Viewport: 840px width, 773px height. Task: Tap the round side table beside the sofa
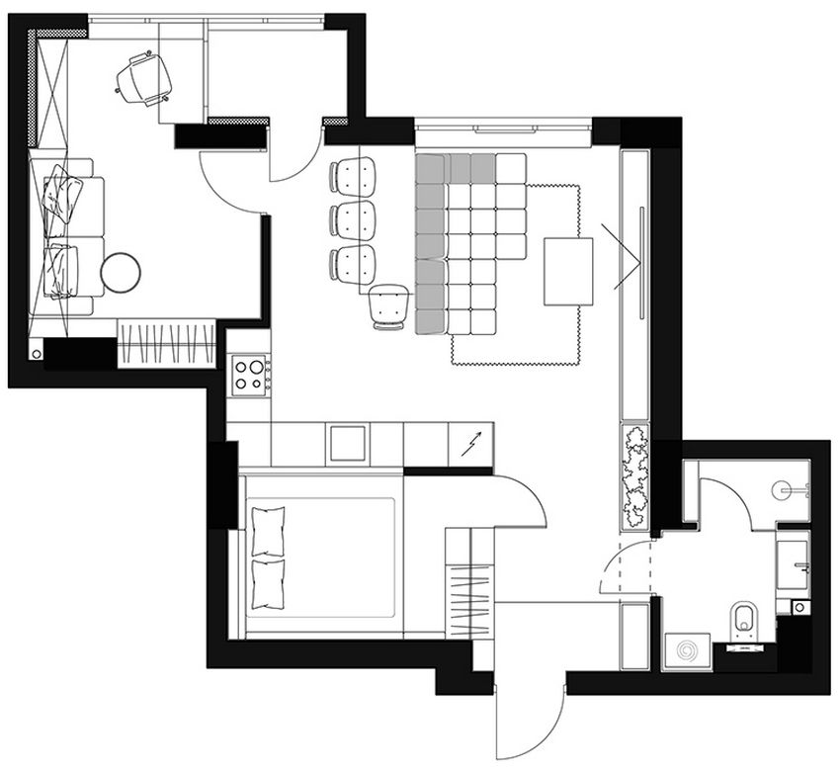pyautogui.click(x=122, y=273)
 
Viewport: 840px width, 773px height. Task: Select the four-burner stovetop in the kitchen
pyautogui.click(x=249, y=375)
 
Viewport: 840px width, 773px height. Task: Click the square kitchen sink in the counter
pyautogui.click(x=347, y=443)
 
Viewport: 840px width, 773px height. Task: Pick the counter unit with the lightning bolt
pyautogui.click(x=471, y=443)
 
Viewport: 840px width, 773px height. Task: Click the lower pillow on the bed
pyautogui.click(x=269, y=584)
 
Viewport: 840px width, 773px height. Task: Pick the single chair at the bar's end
pyautogui.click(x=388, y=304)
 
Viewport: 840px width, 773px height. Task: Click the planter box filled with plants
pyautogui.click(x=634, y=474)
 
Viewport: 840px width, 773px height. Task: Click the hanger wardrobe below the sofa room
pyautogui.click(x=166, y=344)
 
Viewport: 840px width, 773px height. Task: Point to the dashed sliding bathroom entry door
pyautogui.click(x=626, y=568)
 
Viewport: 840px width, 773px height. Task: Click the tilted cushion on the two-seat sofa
pyautogui.click(x=63, y=192)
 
